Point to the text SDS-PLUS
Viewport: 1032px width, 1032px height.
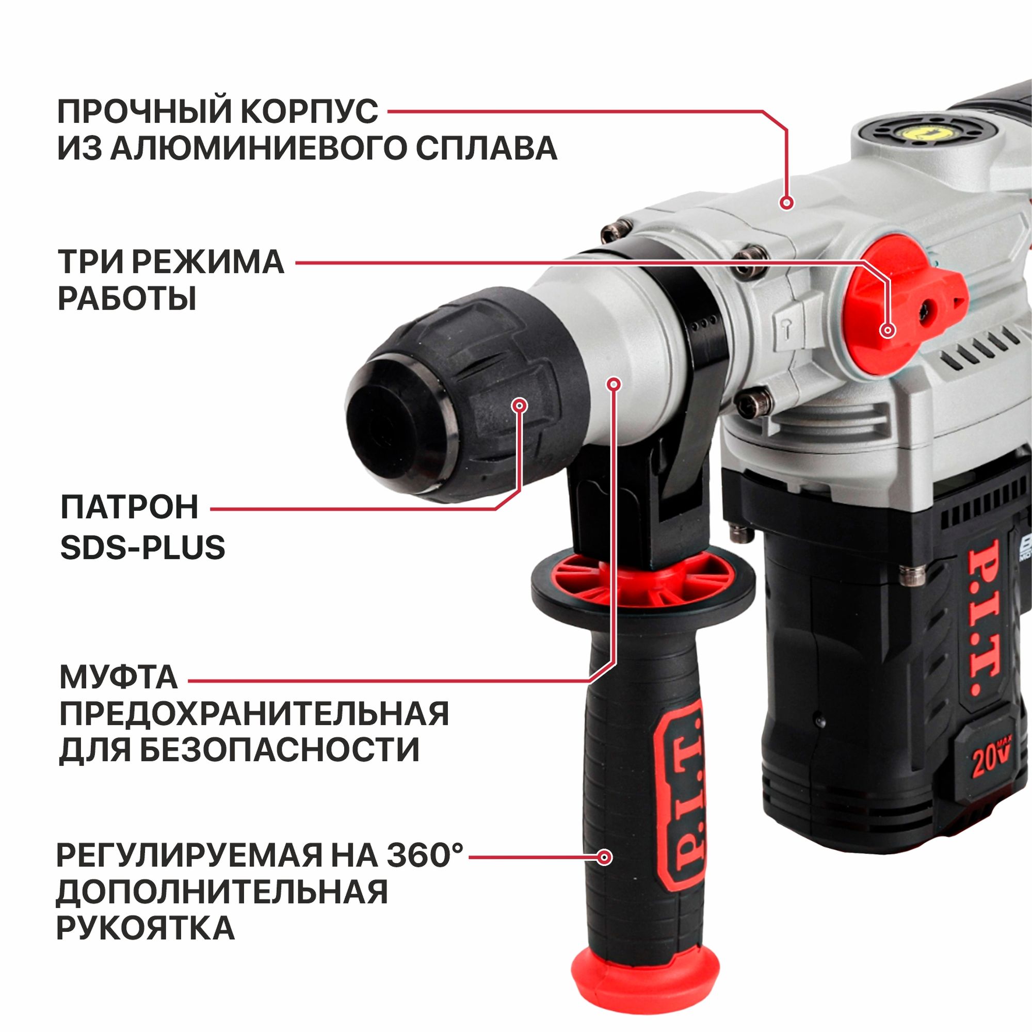[142, 548]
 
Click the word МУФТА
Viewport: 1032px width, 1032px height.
[119, 678]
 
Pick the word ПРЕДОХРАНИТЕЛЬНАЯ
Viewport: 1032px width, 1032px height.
[254, 714]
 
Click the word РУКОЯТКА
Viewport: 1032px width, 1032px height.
[146, 928]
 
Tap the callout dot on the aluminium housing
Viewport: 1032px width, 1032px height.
[786, 202]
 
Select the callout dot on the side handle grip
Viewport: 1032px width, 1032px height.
[605, 857]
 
